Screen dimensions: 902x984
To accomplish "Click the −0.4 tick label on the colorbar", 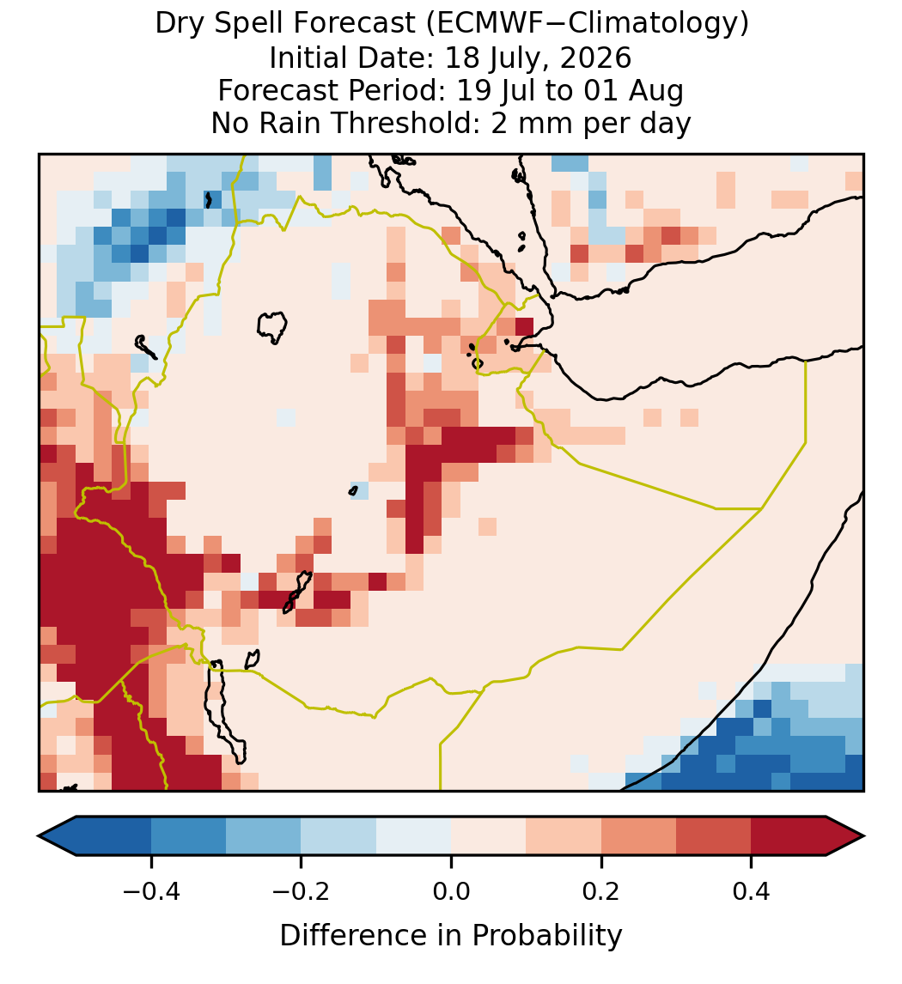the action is (x=150, y=890).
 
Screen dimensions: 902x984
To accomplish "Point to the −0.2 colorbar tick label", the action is (x=301, y=890).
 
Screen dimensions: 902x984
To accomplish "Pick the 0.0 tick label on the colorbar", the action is (x=451, y=890).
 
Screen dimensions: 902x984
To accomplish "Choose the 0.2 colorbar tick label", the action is (x=601, y=890).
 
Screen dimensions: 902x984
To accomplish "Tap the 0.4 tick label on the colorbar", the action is (x=752, y=890).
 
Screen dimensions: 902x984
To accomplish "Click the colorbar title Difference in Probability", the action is (x=451, y=936).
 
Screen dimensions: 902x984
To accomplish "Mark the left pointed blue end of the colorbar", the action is (x=39, y=836).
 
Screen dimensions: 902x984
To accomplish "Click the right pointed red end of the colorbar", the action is (x=863, y=836).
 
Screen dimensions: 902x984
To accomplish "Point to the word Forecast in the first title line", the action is (x=354, y=24).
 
